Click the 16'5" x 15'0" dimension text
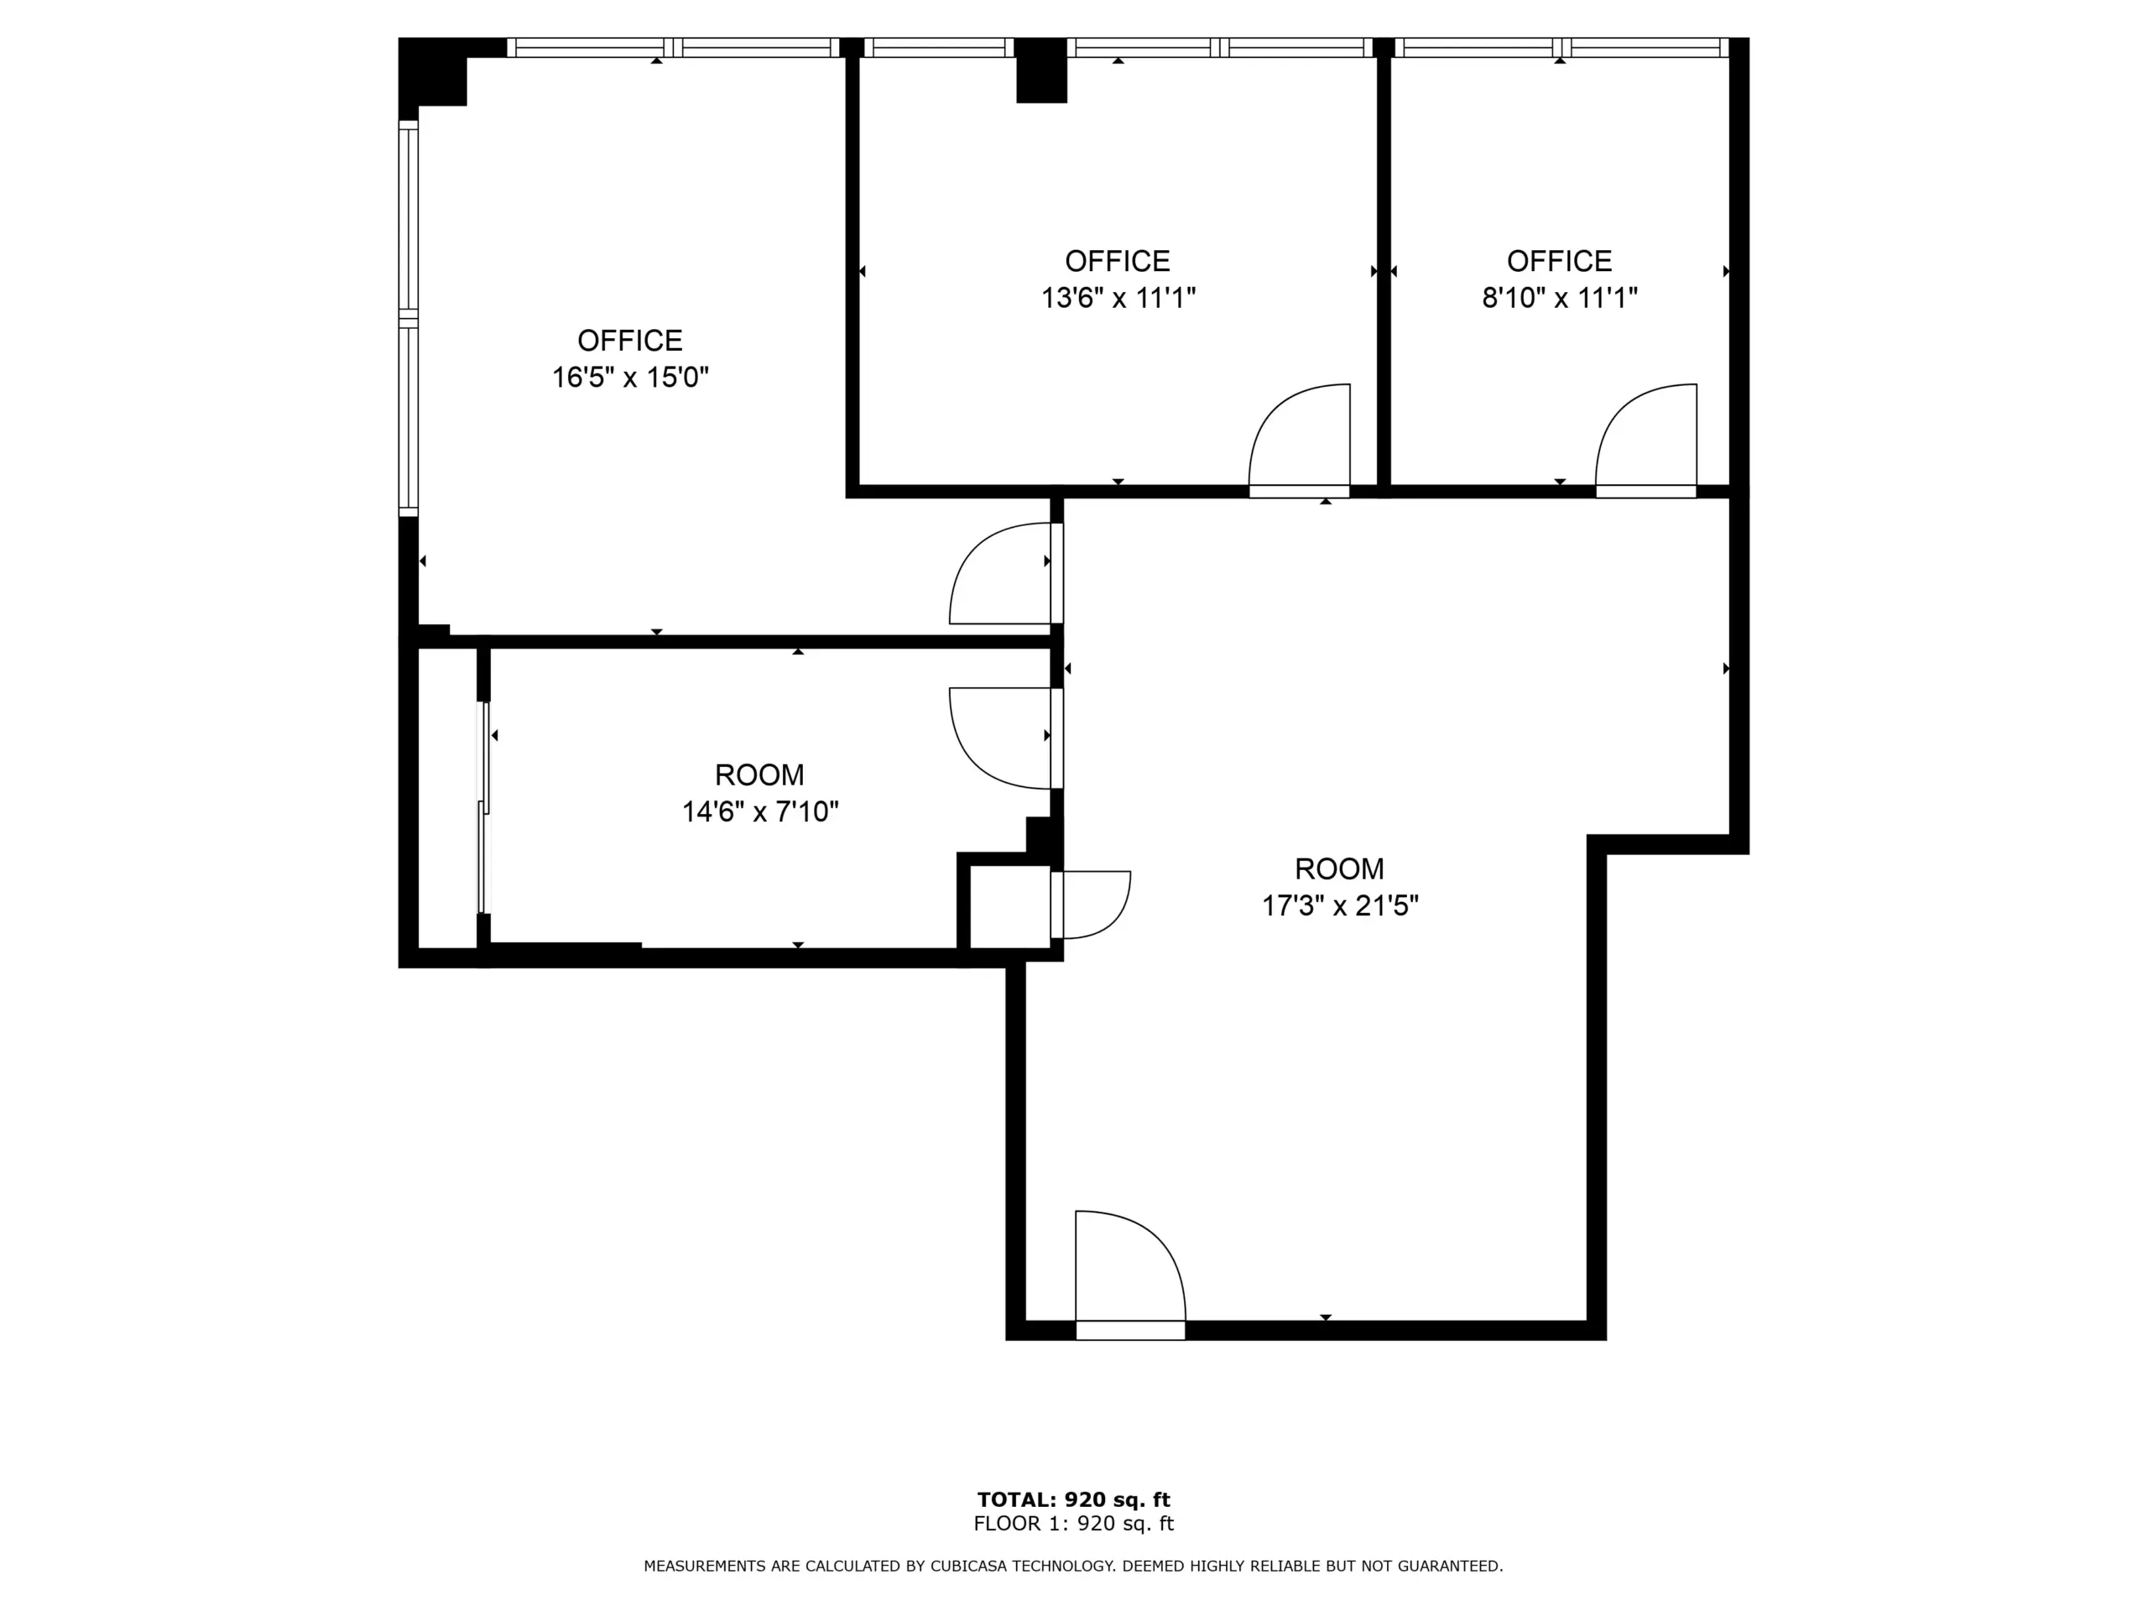630,377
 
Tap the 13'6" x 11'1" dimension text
1118,297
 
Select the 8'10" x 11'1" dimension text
1560,297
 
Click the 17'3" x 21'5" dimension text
1340,905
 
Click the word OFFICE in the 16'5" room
630,340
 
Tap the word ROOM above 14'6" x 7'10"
759,775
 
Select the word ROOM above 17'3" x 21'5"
1339,868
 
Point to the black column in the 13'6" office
1041,70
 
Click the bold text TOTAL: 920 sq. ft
1074,1499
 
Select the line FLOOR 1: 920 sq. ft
1074,1524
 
